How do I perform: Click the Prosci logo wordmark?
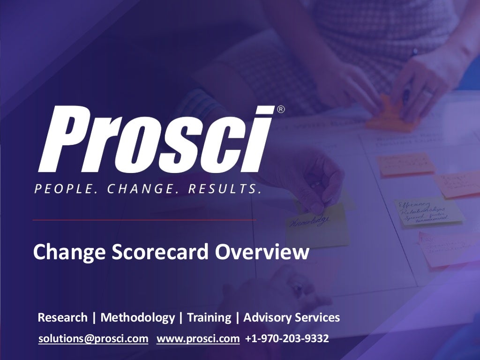tap(155, 139)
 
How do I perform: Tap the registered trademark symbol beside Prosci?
tap(281, 110)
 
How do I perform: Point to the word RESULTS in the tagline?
tap(224, 189)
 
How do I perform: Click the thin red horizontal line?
tap(144, 219)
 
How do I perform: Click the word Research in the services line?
tap(62, 317)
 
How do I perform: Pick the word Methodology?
tap(137, 318)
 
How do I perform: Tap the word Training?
tap(209, 318)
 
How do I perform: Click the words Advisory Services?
tap(292, 318)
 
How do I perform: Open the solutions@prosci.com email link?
tap(93, 338)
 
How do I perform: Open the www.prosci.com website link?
tap(198, 338)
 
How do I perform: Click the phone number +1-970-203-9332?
tap(287, 338)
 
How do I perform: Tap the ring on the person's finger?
tap(427, 93)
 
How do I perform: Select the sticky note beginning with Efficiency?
tap(427, 211)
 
